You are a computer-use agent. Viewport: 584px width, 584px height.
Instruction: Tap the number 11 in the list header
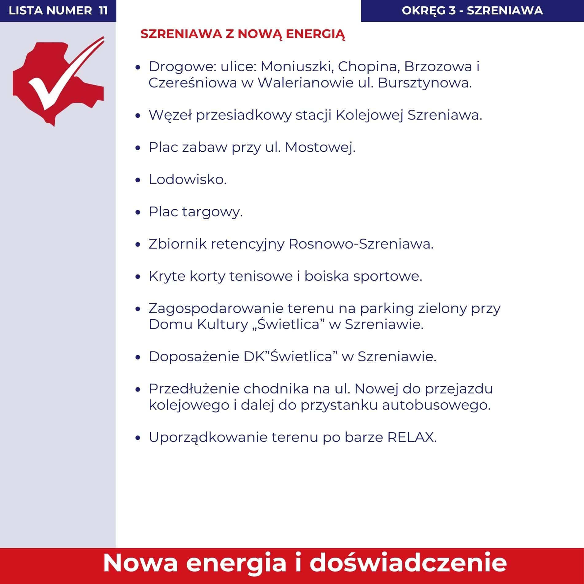[103, 11]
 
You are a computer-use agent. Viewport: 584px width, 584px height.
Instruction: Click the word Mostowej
[320, 148]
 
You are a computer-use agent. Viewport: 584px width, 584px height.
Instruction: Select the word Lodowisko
[188, 180]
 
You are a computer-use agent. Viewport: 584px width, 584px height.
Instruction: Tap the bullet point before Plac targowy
[138, 212]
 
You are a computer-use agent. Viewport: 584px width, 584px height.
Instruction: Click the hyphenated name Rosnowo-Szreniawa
[361, 244]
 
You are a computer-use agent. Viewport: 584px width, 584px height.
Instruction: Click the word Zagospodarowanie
[216, 308]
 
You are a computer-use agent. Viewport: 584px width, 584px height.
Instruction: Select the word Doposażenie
[194, 357]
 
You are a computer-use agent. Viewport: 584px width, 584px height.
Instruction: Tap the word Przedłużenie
[194, 389]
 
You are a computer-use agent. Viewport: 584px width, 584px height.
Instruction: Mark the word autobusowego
[436, 405]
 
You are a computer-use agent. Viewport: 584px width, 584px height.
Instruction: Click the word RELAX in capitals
[412, 437]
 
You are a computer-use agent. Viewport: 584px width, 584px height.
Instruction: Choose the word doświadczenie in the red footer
[408, 563]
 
